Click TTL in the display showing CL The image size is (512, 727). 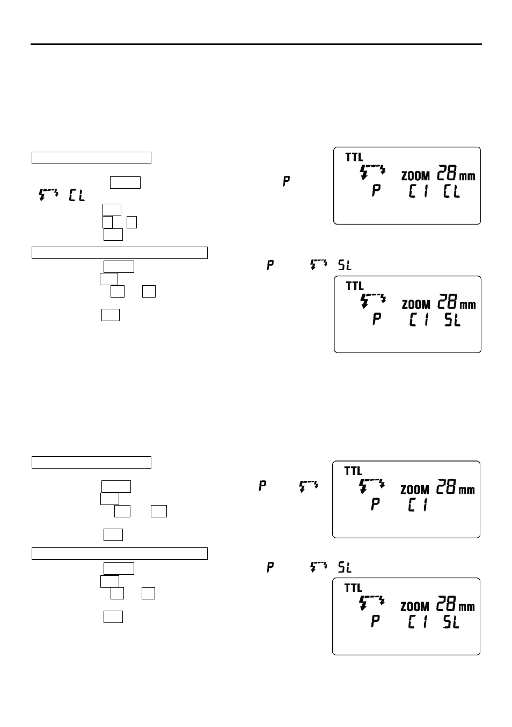coord(354,157)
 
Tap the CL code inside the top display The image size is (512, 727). coord(451,190)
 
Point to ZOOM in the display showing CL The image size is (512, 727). coord(416,176)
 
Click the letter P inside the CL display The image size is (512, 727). coord(376,190)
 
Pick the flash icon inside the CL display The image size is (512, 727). coord(372,173)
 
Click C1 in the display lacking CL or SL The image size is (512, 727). coord(418,505)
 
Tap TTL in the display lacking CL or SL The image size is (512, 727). coord(353,471)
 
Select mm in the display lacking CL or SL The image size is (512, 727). coord(467,490)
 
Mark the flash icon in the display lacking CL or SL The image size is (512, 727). coord(371,486)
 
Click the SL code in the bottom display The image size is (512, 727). coord(451,622)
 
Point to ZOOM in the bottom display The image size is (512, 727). coord(415,607)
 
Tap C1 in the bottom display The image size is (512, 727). coord(418,622)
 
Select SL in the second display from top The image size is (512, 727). coord(452,320)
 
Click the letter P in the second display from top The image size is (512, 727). coord(377,320)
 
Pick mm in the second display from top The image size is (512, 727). coord(468,305)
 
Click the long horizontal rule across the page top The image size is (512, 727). coord(256,44)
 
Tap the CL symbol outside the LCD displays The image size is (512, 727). coord(77,196)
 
